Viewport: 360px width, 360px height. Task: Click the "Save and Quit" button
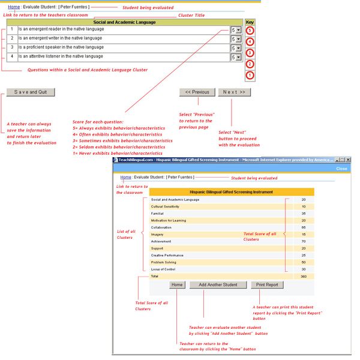[30, 92]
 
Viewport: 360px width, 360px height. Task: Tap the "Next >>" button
[234, 92]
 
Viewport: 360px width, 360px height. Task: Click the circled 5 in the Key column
[250, 31]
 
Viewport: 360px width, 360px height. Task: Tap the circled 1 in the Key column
[250, 76]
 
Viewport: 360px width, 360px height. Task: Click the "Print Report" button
[267, 285]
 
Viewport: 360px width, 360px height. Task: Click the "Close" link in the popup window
[341, 169]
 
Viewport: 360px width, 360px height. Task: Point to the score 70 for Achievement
[304, 241]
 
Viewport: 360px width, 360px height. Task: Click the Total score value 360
[303, 277]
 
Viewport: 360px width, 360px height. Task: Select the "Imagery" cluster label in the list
[158, 235]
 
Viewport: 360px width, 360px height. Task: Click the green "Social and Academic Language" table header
[124, 22]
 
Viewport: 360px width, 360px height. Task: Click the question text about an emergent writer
[60, 38]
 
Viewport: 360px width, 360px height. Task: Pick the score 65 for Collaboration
[304, 227]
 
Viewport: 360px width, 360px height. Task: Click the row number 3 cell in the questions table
[11, 47]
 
